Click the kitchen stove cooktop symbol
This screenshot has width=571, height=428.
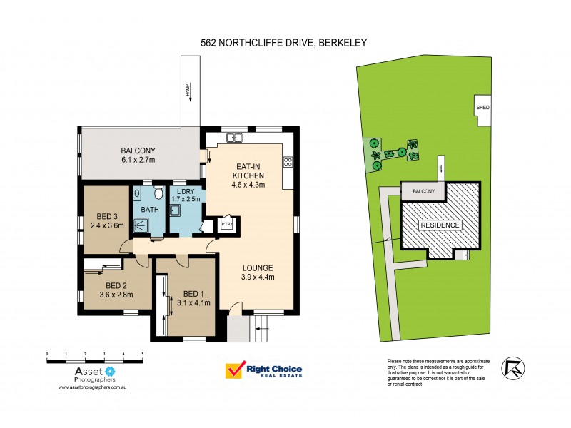click(x=288, y=162)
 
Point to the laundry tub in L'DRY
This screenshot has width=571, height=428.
click(x=174, y=210)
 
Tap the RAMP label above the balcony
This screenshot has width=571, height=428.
click(x=187, y=89)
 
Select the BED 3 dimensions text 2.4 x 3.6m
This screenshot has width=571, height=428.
click(x=106, y=225)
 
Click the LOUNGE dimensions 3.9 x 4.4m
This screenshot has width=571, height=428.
click(x=257, y=277)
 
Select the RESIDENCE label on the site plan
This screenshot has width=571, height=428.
click(x=440, y=225)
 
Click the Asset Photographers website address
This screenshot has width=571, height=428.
click(x=92, y=389)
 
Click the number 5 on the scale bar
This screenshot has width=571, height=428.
click(x=142, y=353)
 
